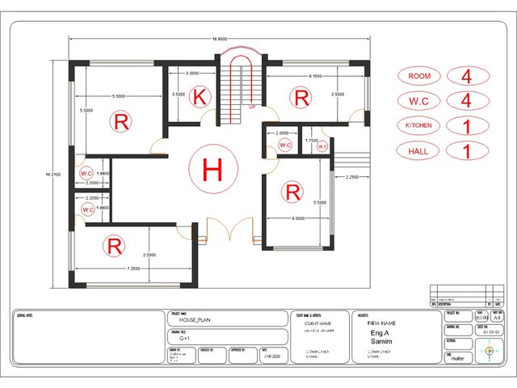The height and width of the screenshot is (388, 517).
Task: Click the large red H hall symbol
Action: [x=212, y=170]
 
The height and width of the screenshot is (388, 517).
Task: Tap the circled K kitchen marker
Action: [x=201, y=98]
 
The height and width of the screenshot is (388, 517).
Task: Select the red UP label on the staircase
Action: [x=252, y=107]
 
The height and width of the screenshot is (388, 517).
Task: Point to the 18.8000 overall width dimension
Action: [x=219, y=39]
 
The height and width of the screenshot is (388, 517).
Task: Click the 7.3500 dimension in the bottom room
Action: [x=135, y=268]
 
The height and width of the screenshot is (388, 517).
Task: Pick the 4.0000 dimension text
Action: [x=298, y=218]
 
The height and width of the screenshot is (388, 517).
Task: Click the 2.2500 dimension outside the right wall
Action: [x=351, y=177]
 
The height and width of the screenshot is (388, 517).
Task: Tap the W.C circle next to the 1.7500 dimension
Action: [x=321, y=146]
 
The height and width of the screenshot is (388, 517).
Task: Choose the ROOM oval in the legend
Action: [x=419, y=76]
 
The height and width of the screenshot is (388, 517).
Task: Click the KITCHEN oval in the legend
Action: [x=419, y=125]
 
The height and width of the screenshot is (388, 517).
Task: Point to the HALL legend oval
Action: [x=419, y=150]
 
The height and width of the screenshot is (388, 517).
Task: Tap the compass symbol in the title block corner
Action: [x=490, y=350]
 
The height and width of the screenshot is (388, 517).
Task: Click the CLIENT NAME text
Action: [x=318, y=323]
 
